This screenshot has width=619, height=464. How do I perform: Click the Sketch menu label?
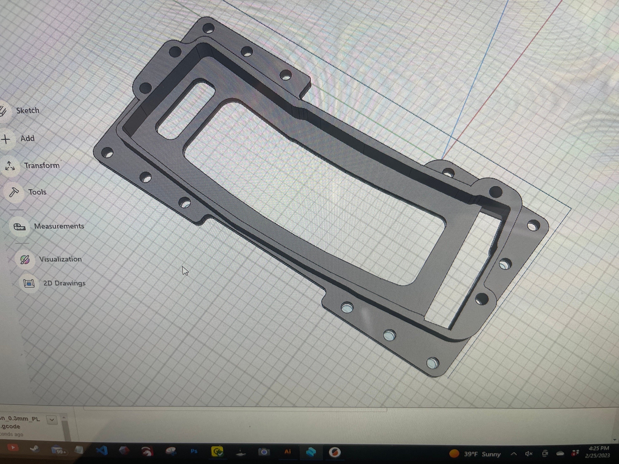[28, 111]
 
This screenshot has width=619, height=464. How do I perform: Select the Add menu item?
[27, 138]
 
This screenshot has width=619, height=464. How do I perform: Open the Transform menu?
[42, 165]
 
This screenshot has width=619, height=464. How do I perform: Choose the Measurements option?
[59, 226]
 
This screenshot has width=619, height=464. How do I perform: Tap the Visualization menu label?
[60, 259]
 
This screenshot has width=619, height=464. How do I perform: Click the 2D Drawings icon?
[29, 283]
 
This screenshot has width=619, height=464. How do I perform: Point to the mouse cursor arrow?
[185, 270]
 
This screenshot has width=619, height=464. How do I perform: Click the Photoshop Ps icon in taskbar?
[194, 451]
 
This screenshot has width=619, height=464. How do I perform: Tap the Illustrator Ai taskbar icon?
[287, 451]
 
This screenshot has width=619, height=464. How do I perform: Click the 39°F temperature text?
[471, 454]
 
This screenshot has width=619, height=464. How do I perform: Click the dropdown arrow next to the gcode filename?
[52, 419]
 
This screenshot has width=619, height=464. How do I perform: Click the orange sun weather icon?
[454, 453]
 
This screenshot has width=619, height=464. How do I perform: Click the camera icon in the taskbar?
[264, 451]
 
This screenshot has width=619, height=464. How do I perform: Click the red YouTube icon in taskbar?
[13, 448]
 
